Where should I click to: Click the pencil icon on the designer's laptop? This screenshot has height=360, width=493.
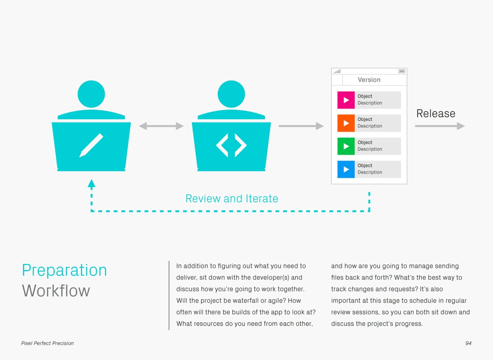(91, 145)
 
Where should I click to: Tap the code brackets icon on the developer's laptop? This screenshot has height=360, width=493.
(231, 145)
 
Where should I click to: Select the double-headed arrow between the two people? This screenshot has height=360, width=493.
(161, 126)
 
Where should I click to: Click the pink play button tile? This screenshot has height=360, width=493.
(346, 100)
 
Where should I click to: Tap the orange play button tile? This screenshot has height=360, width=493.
(346, 123)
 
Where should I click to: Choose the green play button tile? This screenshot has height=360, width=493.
(346, 146)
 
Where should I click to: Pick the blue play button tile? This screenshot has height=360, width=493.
(346, 169)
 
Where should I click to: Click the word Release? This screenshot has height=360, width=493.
(436, 113)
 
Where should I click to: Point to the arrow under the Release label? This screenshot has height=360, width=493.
(440, 126)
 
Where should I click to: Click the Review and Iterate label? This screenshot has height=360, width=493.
(232, 198)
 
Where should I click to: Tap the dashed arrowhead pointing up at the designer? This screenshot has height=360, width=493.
(92, 183)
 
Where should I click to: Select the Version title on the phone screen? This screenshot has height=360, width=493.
(369, 80)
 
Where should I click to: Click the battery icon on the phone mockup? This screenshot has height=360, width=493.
(402, 71)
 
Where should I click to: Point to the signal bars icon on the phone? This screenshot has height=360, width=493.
(337, 72)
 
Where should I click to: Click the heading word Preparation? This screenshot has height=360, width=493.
(65, 270)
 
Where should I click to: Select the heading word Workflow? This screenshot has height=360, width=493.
(56, 291)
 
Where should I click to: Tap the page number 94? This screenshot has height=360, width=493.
(468, 343)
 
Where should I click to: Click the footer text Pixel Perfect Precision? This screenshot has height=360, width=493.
(48, 343)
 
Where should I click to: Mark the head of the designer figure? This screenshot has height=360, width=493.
(91, 94)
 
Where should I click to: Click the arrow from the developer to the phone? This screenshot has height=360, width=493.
(301, 126)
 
